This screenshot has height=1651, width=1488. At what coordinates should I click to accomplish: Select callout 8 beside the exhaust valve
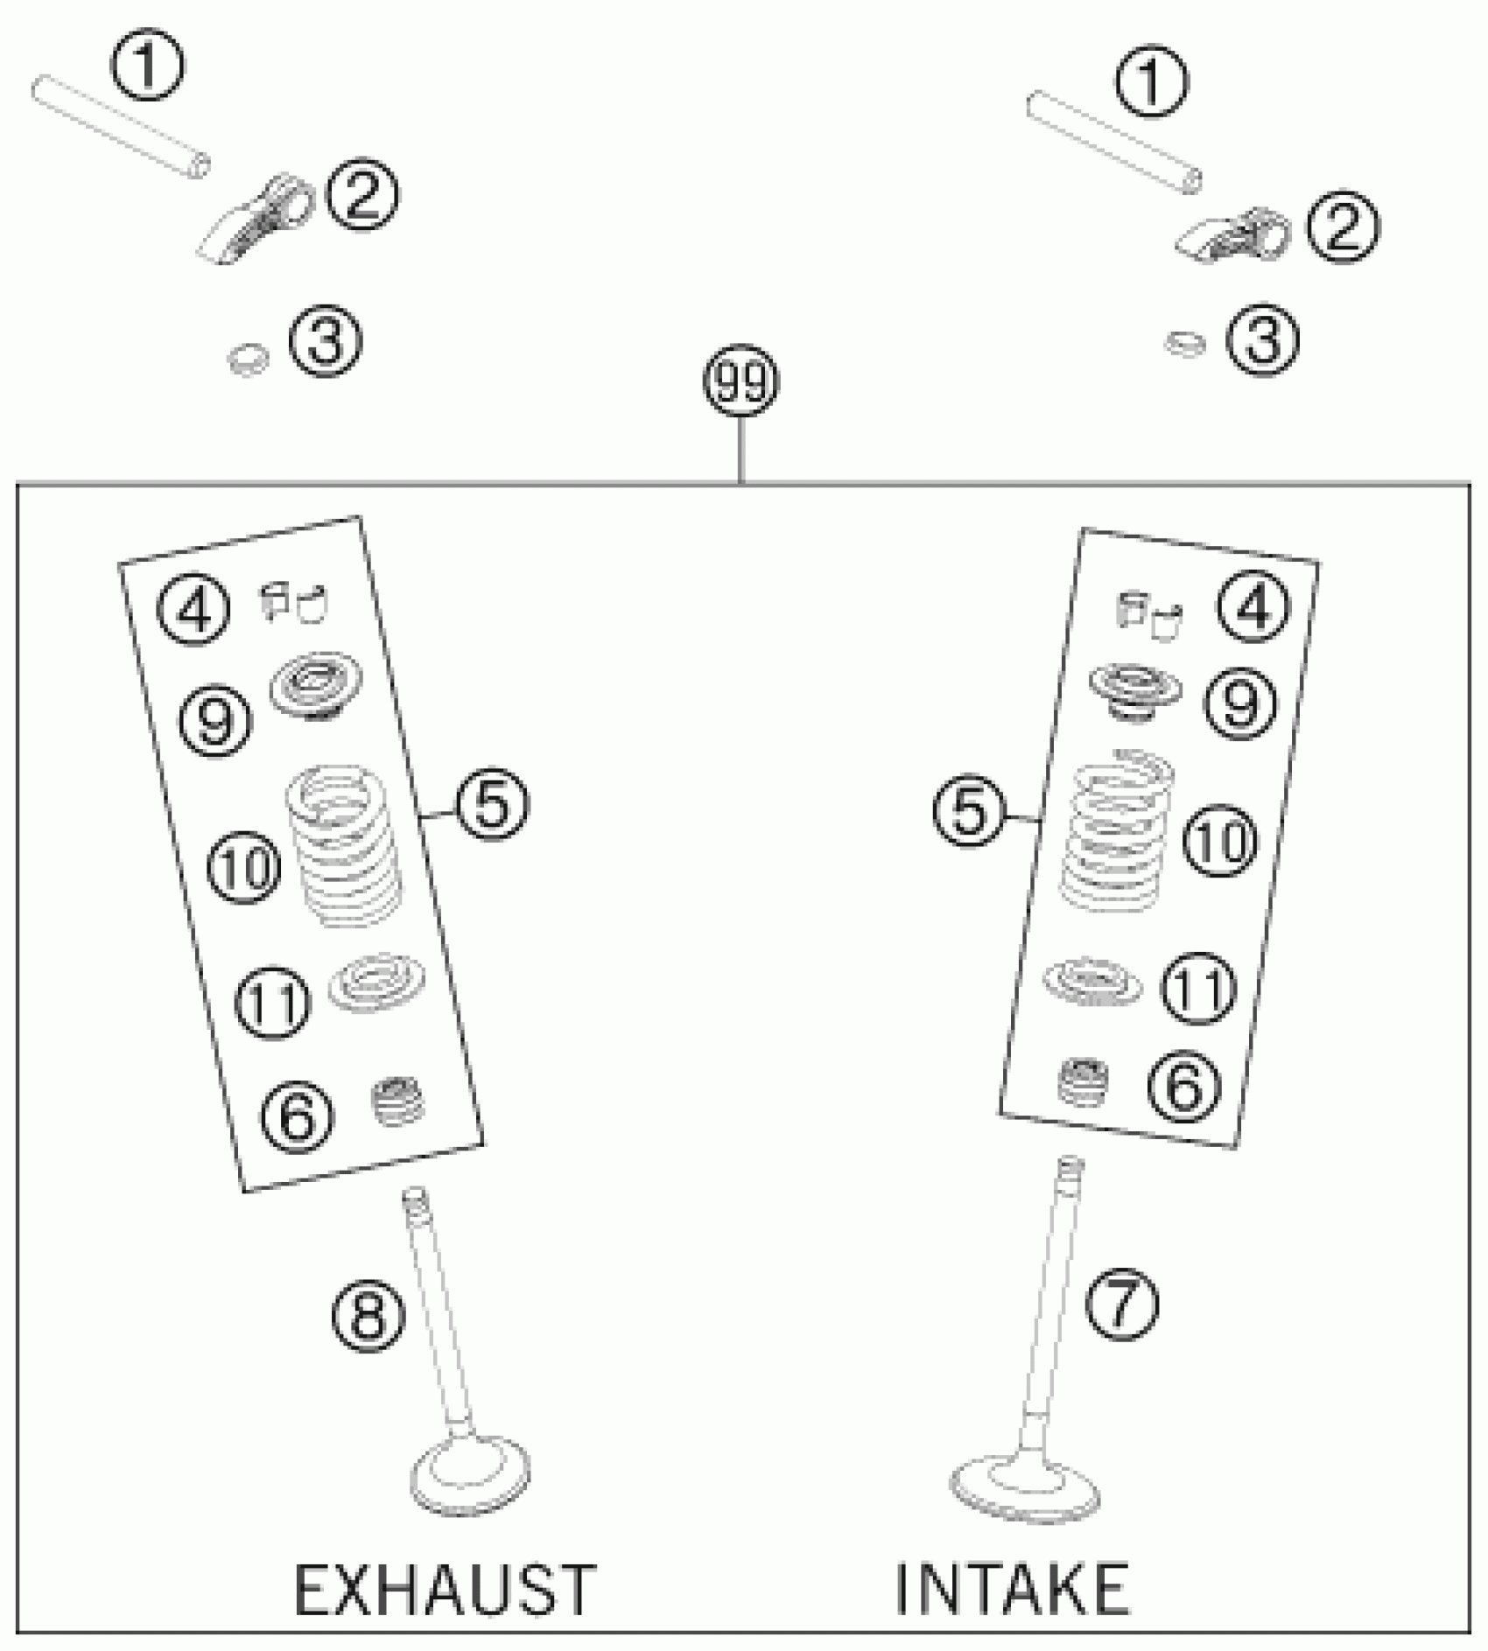(368, 1315)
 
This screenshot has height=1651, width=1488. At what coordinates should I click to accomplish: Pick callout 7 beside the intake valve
(1121, 1304)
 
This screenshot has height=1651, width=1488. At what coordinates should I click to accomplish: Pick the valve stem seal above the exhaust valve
(399, 1102)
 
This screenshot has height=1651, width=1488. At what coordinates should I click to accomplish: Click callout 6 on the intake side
(1183, 1088)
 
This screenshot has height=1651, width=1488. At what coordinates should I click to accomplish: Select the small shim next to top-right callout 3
(1183, 344)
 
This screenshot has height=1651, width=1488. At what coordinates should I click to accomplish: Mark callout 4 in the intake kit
(1253, 605)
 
